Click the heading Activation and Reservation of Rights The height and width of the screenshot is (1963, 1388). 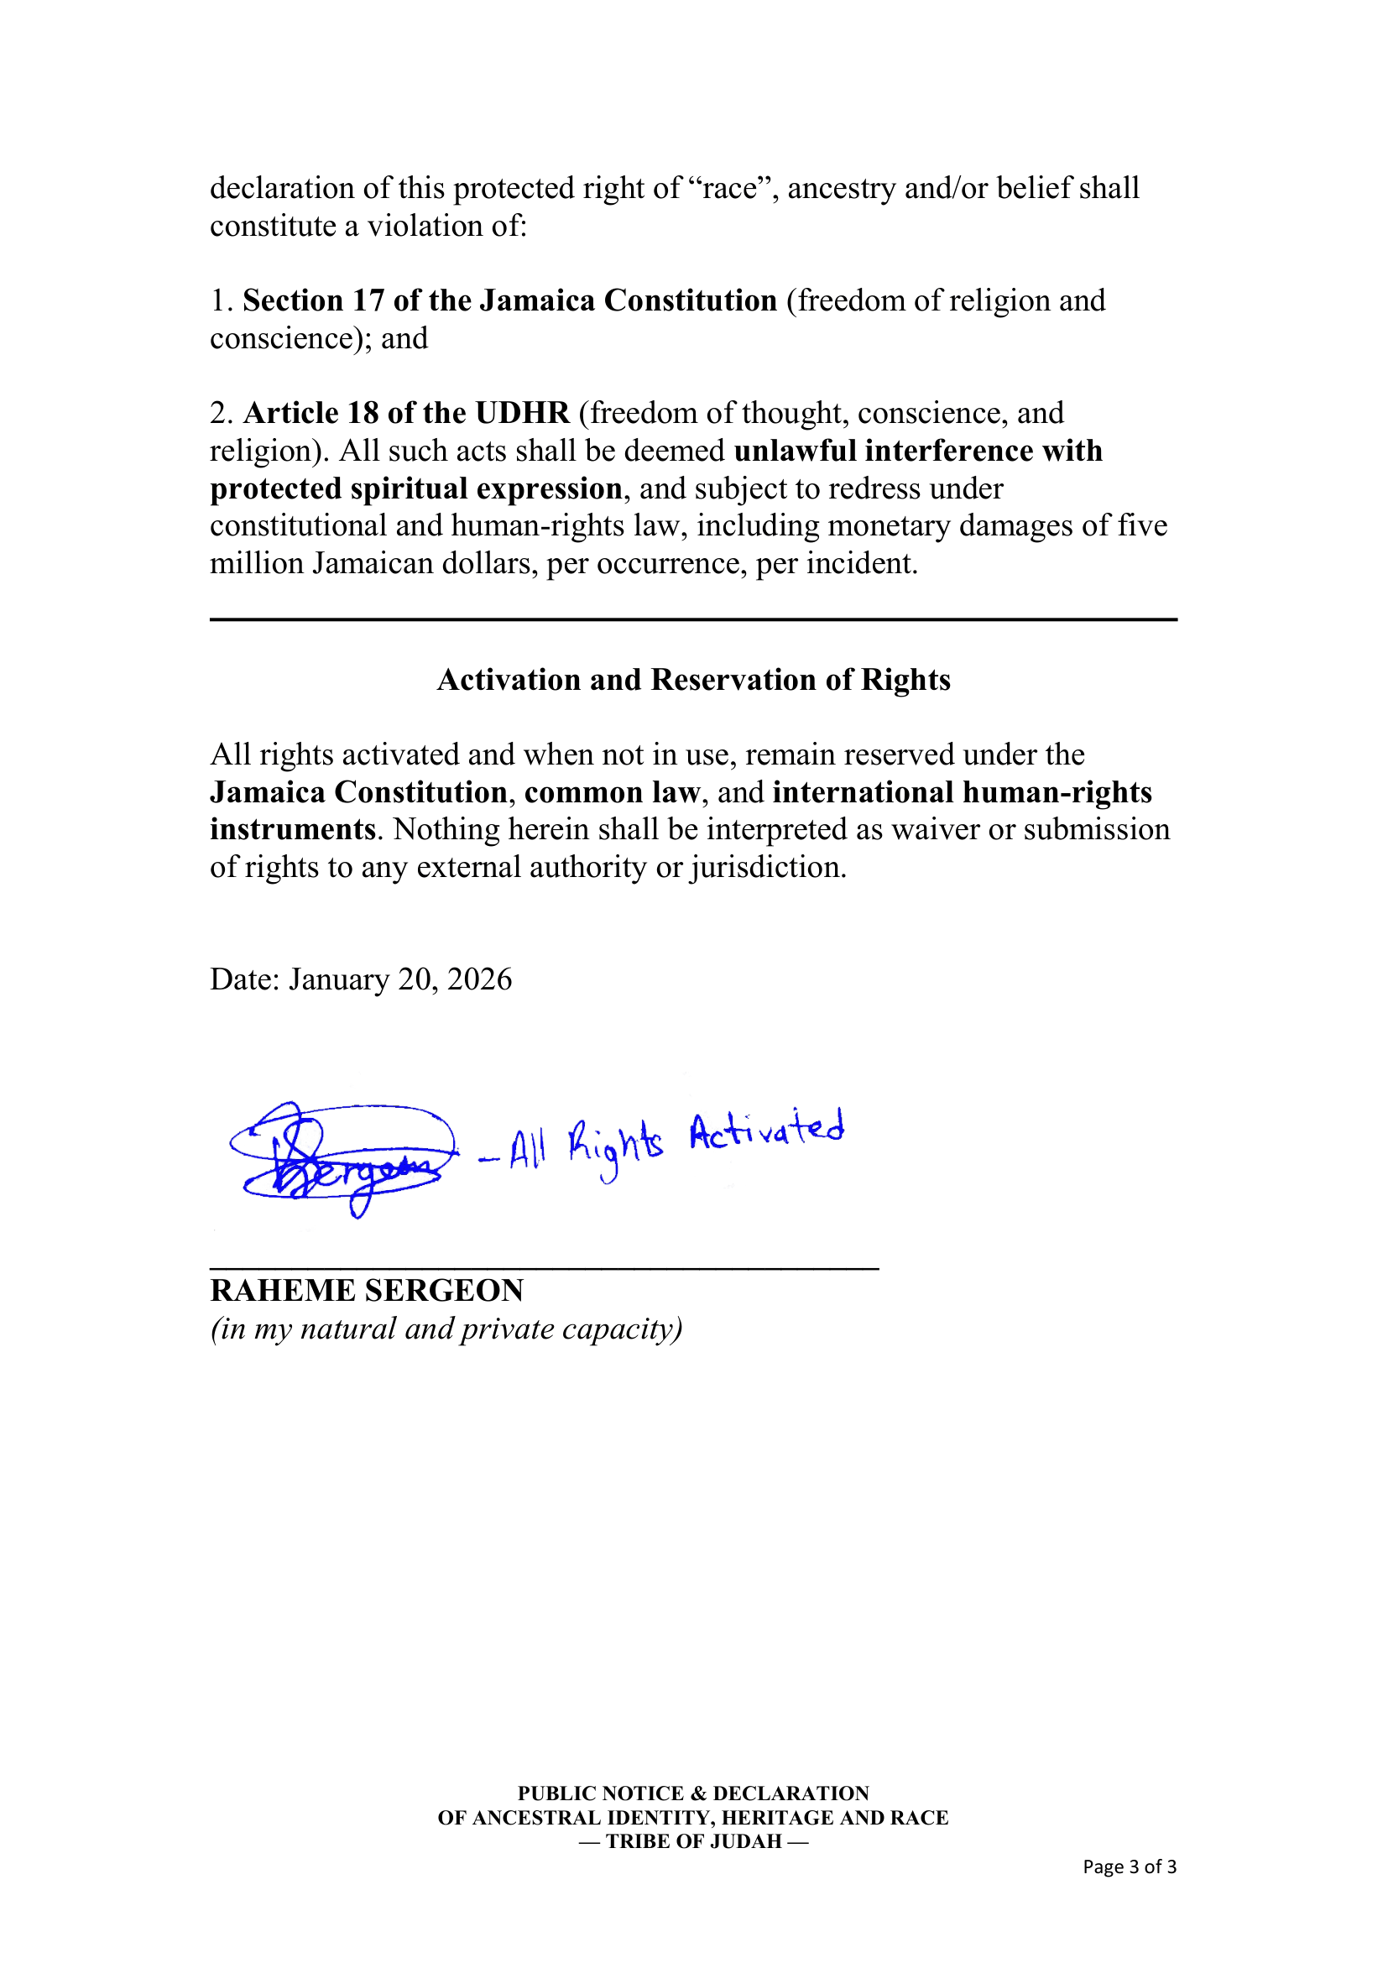693,680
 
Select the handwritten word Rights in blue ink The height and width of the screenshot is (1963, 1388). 615,1146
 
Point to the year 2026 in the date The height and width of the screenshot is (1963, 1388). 479,979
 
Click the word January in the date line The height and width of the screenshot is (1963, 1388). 338,979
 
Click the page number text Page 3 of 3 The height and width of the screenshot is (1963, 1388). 1129,1866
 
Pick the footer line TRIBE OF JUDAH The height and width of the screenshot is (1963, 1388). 693,1840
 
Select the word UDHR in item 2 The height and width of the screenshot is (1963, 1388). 522,413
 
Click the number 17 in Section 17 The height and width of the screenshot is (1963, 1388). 368,301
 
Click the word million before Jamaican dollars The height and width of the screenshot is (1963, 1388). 257,563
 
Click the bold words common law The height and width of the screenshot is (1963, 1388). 613,792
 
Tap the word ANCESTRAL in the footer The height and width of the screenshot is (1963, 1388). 537,1817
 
